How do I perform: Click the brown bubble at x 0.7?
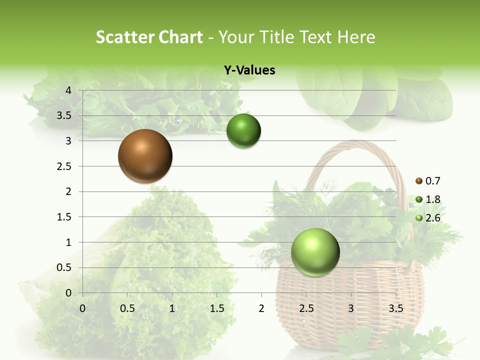pyautogui.click(x=145, y=156)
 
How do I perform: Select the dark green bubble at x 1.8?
pyautogui.click(x=243, y=131)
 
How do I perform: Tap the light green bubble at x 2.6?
pyautogui.click(x=315, y=252)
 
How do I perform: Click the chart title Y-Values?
pyautogui.click(x=249, y=70)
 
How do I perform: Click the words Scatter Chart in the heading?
pyautogui.click(x=149, y=37)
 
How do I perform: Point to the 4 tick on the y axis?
pyautogui.click(x=68, y=90)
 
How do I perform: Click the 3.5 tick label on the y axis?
pyautogui.click(x=64, y=116)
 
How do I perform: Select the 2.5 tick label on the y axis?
pyautogui.click(x=64, y=166)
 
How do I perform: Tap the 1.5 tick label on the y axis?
pyautogui.click(x=64, y=217)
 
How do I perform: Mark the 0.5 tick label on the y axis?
pyautogui.click(x=64, y=268)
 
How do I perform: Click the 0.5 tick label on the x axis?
pyautogui.click(x=127, y=308)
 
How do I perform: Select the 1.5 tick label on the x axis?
pyautogui.click(x=216, y=308)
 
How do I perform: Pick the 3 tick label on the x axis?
pyautogui.click(x=350, y=308)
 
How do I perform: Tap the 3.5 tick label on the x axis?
pyautogui.click(x=395, y=308)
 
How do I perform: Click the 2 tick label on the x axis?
pyautogui.click(x=261, y=308)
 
